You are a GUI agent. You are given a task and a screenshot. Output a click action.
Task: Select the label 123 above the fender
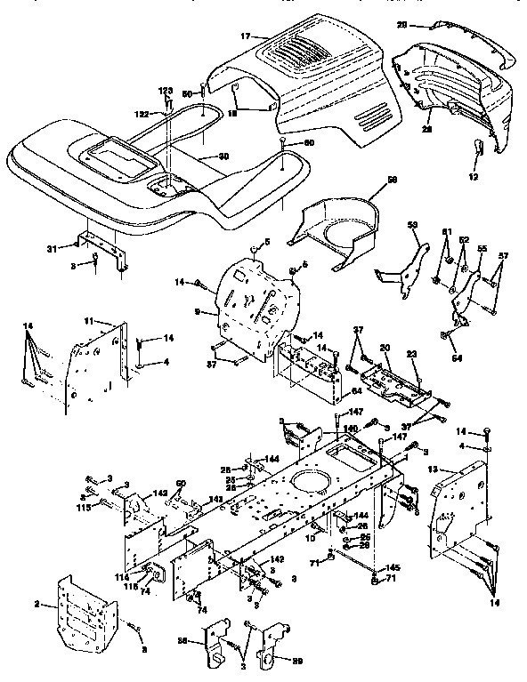166,92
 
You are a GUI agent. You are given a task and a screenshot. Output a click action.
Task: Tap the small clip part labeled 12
479,151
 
